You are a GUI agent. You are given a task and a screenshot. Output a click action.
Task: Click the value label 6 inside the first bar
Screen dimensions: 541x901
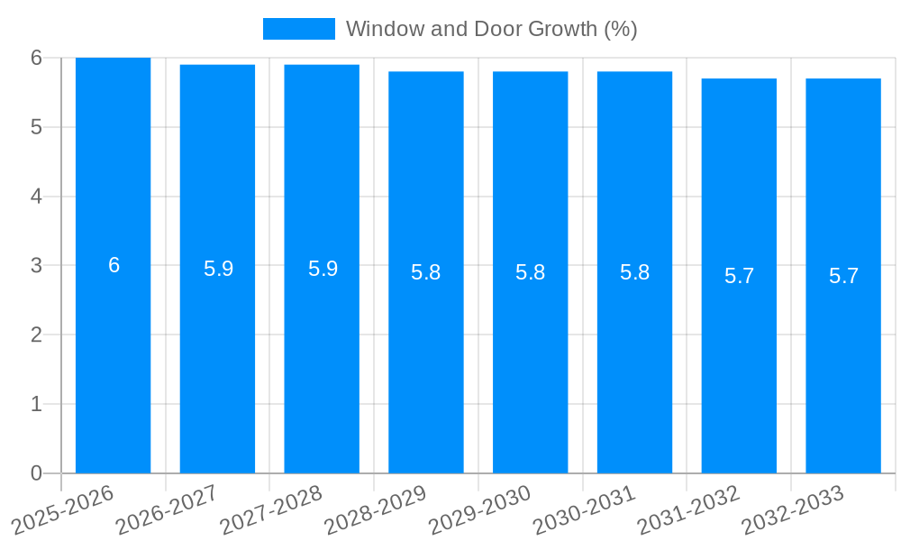tap(114, 265)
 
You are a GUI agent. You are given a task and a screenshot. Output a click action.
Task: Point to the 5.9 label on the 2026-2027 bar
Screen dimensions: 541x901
tap(218, 269)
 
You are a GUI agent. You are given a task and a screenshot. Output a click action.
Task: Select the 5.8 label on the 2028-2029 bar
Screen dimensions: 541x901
tap(425, 272)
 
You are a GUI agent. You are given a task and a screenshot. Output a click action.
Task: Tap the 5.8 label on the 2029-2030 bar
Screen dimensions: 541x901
tap(530, 272)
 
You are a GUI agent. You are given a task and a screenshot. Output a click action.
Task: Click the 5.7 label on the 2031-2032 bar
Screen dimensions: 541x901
tap(739, 276)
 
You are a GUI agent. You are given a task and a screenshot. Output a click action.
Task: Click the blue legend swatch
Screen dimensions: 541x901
tap(298, 29)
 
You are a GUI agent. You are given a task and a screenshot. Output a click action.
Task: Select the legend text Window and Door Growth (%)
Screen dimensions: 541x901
tap(491, 29)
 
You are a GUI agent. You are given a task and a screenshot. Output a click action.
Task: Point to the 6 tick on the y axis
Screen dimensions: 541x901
tap(36, 58)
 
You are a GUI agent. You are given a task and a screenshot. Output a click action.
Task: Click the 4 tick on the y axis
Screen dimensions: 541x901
tap(36, 197)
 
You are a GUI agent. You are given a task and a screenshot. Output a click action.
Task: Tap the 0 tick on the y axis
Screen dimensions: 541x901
tap(36, 473)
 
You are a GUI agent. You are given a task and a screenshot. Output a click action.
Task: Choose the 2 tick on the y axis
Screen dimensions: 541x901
tap(36, 335)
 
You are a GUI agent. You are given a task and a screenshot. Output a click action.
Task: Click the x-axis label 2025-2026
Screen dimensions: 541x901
tap(63, 509)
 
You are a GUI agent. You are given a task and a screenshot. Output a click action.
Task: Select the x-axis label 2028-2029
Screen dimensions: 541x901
tap(375, 509)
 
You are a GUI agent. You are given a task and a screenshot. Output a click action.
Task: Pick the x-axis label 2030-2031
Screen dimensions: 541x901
tap(584, 509)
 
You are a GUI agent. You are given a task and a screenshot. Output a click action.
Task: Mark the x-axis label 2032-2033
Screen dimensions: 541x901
tap(793, 509)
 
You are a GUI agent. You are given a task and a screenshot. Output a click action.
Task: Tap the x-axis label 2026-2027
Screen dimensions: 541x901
tap(167, 509)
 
